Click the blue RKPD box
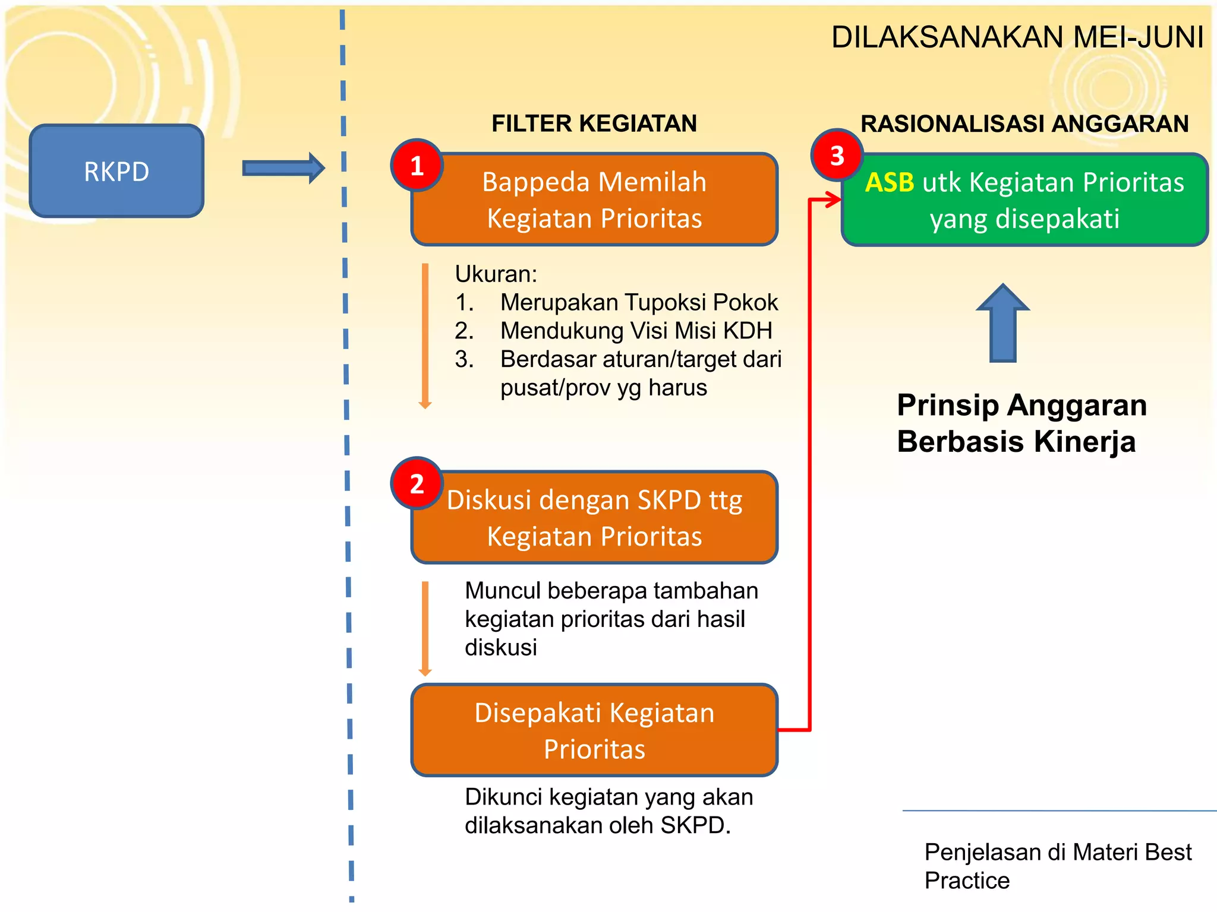point(116,171)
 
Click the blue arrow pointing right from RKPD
point(283,169)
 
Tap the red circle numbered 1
point(417,166)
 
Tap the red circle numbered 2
point(417,483)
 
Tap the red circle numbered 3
point(837,156)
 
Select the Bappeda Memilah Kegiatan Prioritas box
point(594,200)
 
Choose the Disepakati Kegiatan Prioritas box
point(594,730)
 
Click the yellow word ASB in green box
point(890,182)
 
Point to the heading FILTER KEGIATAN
point(594,123)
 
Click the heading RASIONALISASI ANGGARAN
point(1024,123)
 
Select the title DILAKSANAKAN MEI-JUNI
point(1017,37)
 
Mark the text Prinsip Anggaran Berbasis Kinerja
point(1021,423)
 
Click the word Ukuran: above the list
point(496,274)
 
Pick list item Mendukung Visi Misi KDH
point(636,331)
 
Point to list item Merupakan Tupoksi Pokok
point(638,302)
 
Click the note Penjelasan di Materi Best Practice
point(1057,866)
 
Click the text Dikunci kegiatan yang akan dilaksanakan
point(608,811)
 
